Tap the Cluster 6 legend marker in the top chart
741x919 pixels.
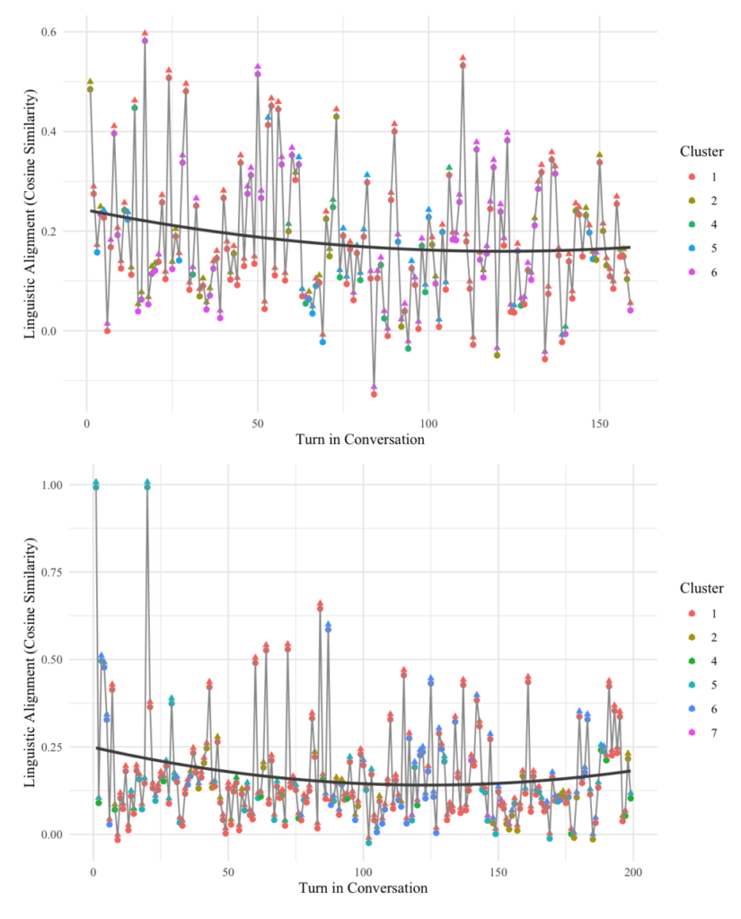[x=690, y=271]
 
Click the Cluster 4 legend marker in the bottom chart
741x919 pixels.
[x=690, y=661]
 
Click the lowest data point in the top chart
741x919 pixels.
[x=374, y=393]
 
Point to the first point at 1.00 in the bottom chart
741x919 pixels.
[x=96, y=486]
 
